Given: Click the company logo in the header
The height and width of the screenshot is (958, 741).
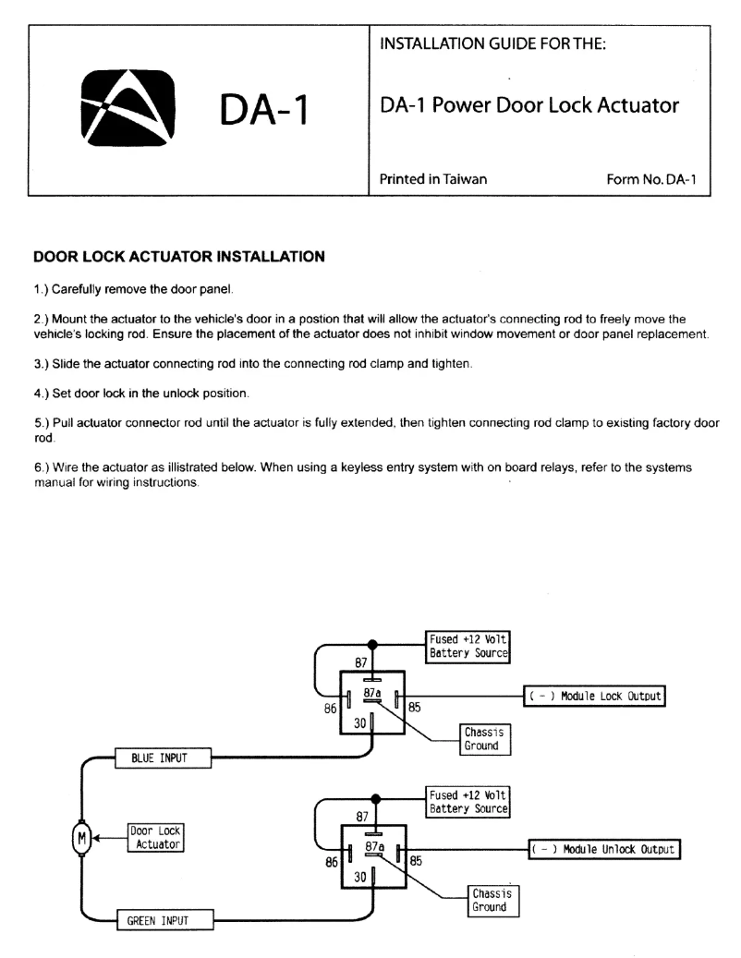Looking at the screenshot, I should (128, 109).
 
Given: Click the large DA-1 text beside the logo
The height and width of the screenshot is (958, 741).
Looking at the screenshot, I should (263, 113).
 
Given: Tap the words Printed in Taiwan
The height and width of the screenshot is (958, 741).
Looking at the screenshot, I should (433, 179).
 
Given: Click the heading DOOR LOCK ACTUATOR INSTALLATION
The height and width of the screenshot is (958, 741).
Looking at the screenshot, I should (178, 256).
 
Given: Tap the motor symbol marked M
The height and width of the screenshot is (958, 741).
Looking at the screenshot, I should (81, 838).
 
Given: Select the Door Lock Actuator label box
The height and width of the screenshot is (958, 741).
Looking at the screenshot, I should (154, 838).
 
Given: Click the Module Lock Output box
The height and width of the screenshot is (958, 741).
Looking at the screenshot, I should (596, 696).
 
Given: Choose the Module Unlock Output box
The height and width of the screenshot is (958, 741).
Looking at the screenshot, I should (603, 849).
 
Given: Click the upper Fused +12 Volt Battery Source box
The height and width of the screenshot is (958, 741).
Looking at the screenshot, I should (468, 646).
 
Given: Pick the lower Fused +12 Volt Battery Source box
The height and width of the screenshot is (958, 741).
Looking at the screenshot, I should (468, 802).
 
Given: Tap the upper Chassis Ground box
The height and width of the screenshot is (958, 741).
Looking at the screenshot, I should (482, 739).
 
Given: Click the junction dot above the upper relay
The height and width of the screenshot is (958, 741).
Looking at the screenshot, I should (373, 644).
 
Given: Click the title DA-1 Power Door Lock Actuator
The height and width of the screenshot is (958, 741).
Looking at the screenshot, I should (529, 105).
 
